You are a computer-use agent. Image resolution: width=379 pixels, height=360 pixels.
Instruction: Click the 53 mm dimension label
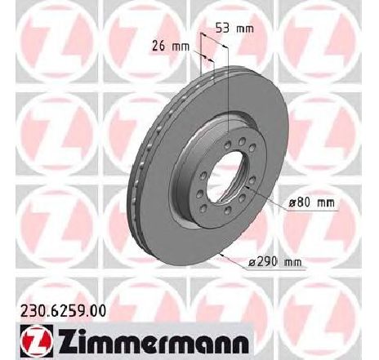[234, 28]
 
